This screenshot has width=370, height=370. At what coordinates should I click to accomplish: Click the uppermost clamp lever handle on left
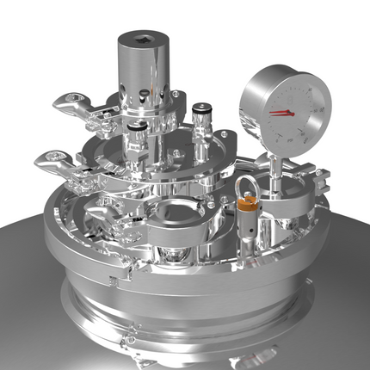pos(72,108)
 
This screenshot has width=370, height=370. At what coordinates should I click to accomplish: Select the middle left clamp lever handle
pos(56,159)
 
